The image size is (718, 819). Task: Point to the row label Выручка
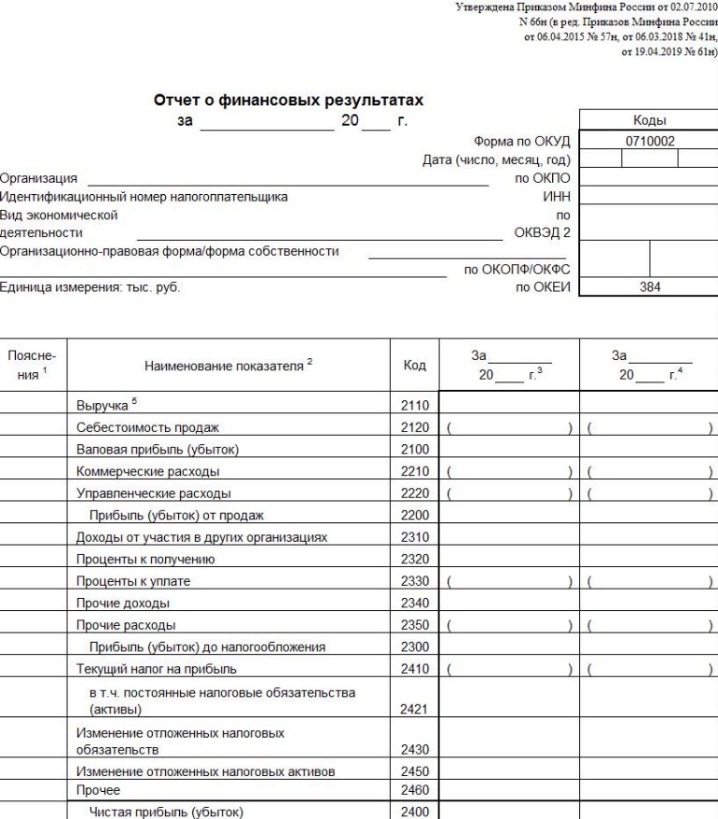coord(105,407)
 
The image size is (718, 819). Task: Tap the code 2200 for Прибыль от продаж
coord(414,514)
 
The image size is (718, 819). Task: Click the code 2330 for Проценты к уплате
coord(414,581)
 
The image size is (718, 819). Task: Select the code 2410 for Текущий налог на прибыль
coord(414,669)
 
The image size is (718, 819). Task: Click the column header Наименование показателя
coord(227,368)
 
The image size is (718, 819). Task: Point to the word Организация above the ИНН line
coord(39,177)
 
